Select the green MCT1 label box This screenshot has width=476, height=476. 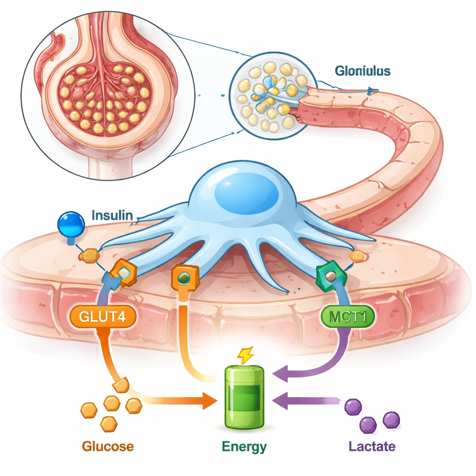(348, 317)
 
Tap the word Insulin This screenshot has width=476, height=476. (112, 216)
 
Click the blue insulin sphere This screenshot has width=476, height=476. (71, 223)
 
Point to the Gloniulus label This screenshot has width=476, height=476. (363, 71)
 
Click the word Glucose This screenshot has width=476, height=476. (108, 447)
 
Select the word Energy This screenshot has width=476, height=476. (244, 447)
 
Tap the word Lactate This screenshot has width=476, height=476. (372, 447)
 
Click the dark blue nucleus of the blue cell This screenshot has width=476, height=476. (246, 194)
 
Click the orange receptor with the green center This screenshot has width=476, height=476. (185, 278)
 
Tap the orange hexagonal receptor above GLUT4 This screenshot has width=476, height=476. (124, 274)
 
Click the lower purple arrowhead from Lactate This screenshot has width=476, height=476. (281, 401)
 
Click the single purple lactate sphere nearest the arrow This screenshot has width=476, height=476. (353, 407)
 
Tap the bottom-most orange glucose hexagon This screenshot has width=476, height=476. (109, 423)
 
